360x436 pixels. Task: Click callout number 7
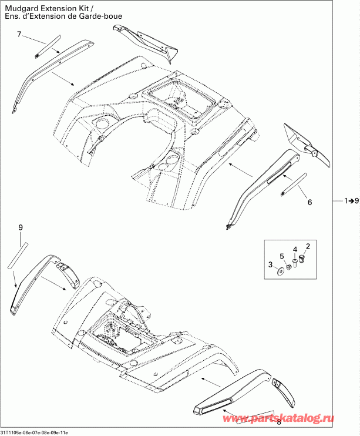click(19, 35)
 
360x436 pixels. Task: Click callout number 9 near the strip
click(20, 227)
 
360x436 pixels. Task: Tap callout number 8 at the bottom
click(278, 422)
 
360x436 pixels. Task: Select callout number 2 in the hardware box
click(307, 244)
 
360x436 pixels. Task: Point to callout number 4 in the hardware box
click(295, 249)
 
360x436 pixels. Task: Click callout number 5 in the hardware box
click(282, 256)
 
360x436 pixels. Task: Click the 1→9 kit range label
click(348, 201)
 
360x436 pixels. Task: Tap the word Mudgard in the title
click(19, 7)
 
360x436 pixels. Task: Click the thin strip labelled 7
click(48, 46)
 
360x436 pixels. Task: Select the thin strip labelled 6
click(294, 184)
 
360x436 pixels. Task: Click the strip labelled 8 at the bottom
click(254, 417)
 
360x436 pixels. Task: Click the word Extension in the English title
click(63, 7)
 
